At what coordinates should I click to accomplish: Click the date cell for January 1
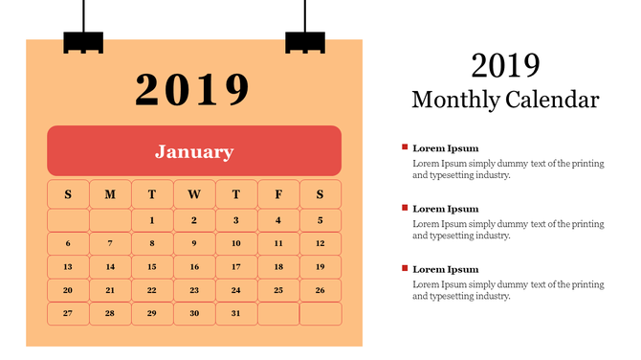152,220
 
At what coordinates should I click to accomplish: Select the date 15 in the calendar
152,267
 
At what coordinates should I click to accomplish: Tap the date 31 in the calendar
236,313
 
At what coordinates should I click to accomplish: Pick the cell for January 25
278,290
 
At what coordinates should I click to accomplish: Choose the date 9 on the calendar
194,243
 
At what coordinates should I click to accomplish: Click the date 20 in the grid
68,290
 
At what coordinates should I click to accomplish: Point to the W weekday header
194,194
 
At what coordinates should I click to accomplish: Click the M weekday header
110,194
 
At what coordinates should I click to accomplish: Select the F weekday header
278,194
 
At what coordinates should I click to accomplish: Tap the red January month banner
194,151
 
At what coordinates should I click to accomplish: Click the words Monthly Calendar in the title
505,100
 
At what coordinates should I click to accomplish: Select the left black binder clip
82,42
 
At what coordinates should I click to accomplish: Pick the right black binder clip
305,42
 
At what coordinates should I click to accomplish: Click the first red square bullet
405,146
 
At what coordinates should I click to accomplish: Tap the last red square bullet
405,268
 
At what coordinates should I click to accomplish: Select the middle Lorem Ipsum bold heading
445,209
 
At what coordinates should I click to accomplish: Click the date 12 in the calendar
320,243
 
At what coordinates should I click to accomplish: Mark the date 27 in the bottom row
68,313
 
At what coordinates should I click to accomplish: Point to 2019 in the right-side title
505,65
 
